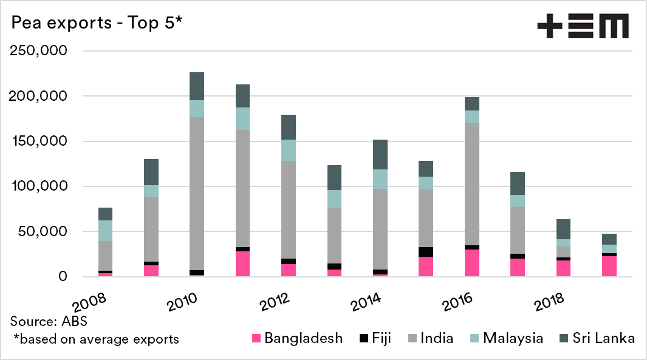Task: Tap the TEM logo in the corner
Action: (x=583, y=27)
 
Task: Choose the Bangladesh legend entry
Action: (x=297, y=338)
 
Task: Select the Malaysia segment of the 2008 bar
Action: (x=106, y=231)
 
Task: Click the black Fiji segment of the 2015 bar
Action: (x=427, y=252)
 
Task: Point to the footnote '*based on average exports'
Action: (x=96, y=339)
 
